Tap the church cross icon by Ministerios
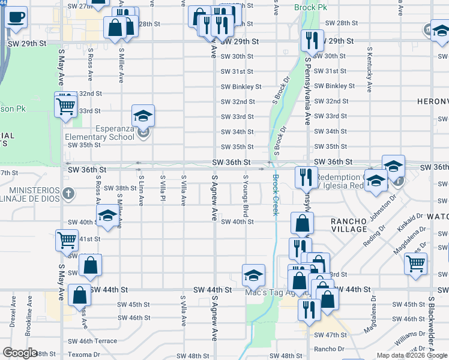(69, 194)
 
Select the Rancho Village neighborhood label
(349, 225)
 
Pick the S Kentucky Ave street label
(370, 70)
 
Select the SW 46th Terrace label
(93, 341)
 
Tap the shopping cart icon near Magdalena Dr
(415, 263)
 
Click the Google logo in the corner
(20, 353)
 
